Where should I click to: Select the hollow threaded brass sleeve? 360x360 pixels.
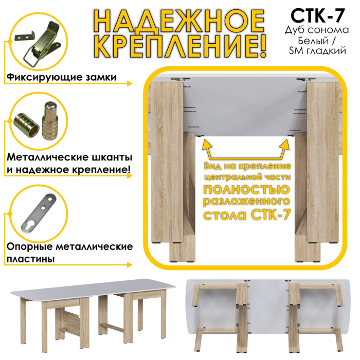tap(27, 125)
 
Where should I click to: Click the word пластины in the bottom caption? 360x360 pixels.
tap(31, 259)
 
